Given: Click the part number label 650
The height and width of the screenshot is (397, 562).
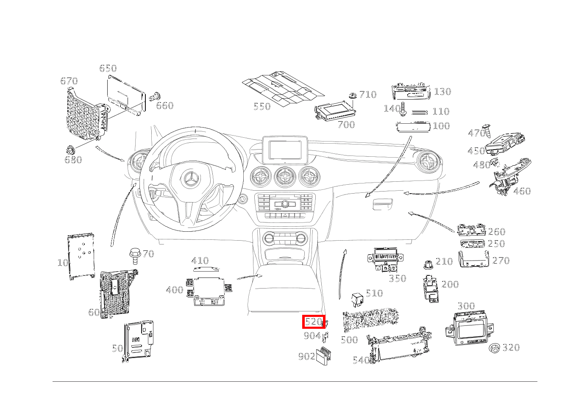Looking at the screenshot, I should (108, 68).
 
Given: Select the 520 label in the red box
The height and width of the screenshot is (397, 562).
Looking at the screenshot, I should (313, 322).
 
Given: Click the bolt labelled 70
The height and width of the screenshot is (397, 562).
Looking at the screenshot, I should (135, 255).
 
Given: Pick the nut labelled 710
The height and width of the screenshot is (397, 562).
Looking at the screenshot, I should (352, 96).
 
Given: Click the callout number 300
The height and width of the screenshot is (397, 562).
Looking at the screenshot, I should (466, 306).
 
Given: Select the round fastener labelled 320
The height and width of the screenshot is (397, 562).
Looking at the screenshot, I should (495, 348).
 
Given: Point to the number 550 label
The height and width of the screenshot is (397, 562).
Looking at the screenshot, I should (262, 106).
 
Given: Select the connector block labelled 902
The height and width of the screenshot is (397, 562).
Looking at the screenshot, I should (324, 355).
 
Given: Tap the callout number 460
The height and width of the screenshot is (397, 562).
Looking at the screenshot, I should (522, 191).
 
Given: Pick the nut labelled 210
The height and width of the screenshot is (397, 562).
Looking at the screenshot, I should (428, 265).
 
